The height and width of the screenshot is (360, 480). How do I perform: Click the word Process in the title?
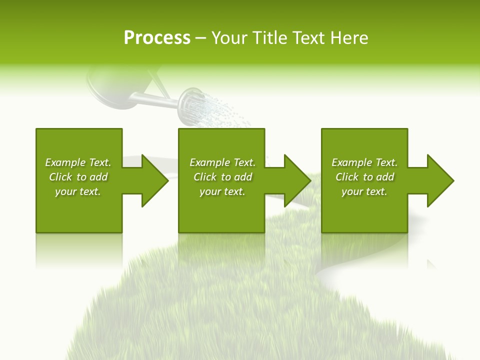click(x=157, y=38)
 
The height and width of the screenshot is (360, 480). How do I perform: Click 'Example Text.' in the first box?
click(x=78, y=162)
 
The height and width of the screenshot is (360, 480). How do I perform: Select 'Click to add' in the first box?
click(x=78, y=177)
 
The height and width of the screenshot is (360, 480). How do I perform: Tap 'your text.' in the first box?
click(x=78, y=191)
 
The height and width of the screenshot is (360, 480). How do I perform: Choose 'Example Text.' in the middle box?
click(x=222, y=162)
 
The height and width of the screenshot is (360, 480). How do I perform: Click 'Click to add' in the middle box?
click(x=222, y=177)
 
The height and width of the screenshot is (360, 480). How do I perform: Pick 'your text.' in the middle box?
click(x=222, y=191)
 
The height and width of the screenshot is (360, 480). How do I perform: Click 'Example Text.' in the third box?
click(x=364, y=162)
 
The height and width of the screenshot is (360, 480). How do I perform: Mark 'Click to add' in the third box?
click(x=364, y=177)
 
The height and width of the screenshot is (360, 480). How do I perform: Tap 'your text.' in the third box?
click(x=364, y=191)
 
